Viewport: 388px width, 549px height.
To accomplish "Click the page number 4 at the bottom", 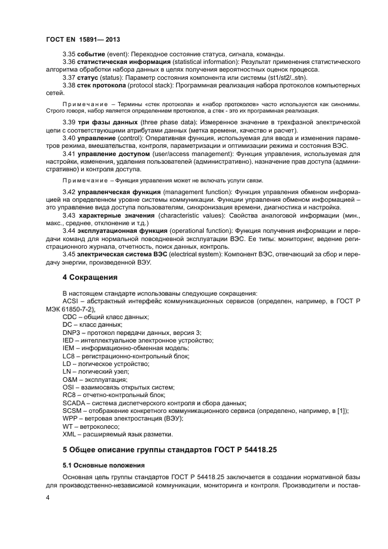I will [48, 498].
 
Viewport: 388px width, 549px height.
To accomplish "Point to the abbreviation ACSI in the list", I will [70, 301].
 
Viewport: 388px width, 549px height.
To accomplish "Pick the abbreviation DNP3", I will [71, 332].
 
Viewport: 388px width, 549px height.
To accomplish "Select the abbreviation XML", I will [69, 434].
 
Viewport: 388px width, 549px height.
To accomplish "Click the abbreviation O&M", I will [70, 380].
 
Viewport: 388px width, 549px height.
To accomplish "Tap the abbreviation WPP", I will [70, 419].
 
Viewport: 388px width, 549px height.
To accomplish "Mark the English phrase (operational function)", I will [194, 231].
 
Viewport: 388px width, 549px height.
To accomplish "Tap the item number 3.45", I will [69, 255].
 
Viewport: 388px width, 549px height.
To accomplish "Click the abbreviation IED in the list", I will [68, 340].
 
